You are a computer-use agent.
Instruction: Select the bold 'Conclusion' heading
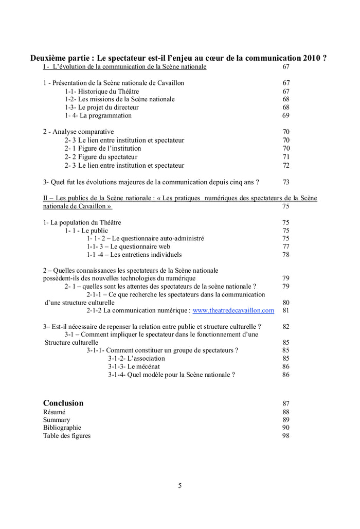coord(63,403)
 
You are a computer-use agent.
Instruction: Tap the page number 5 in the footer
coord(179,485)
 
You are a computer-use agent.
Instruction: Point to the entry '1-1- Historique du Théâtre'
coord(102,91)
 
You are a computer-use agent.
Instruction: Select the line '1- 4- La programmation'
coord(98,116)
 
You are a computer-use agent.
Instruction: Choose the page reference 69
coord(286,116)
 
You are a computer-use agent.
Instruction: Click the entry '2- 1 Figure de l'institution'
coord(102,149)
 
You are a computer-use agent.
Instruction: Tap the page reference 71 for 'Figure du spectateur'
coord(286,157)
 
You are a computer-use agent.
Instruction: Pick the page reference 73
coord(286,182)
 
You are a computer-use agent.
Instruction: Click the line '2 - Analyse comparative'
coord(78,132)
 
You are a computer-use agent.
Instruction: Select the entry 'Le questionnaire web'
coord(132,246)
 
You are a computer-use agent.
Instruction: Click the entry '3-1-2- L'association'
coord(136,358)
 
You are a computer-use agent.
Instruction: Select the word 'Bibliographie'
coord(62,428)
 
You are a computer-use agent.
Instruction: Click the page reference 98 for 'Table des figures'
coord(286,436)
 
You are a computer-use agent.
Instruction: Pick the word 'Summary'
coord(57,419)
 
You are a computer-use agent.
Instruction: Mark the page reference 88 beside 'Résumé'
coord(286,412)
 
